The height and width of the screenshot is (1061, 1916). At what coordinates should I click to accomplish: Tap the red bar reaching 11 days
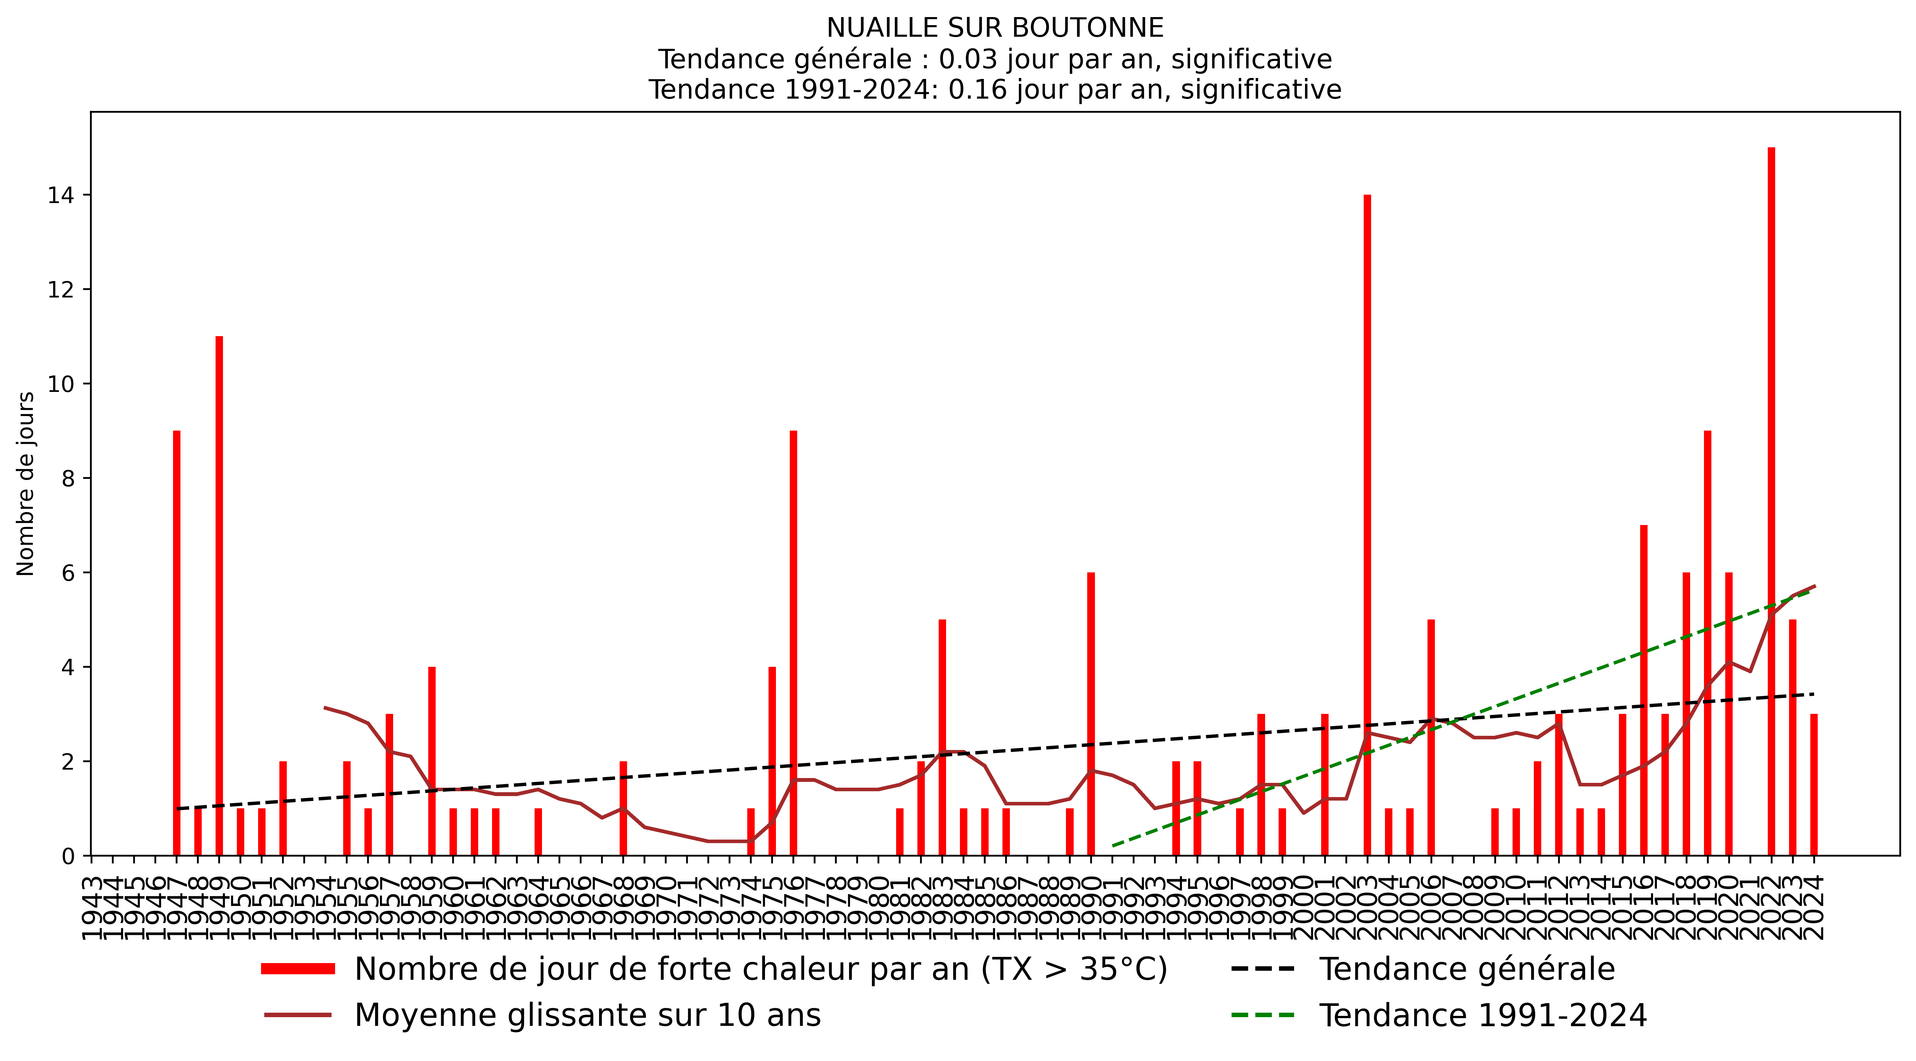[x=219, y=595]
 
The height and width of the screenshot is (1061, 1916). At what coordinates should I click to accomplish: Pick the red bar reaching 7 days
[x=1644, y=690]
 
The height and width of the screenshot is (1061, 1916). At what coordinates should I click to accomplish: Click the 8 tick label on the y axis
[x=68, y=478]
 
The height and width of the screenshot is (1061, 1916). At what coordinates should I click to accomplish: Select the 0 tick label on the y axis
[x=68, y=856]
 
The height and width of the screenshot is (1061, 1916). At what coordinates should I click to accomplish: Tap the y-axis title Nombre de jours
[x=26, y=484]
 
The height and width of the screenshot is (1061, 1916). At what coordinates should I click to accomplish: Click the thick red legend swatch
[x=297, y=969]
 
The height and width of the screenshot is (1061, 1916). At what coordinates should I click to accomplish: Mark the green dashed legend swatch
[x=1263, y=1015]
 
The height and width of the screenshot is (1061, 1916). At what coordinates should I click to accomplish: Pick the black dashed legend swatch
[x=1263, y=969]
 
